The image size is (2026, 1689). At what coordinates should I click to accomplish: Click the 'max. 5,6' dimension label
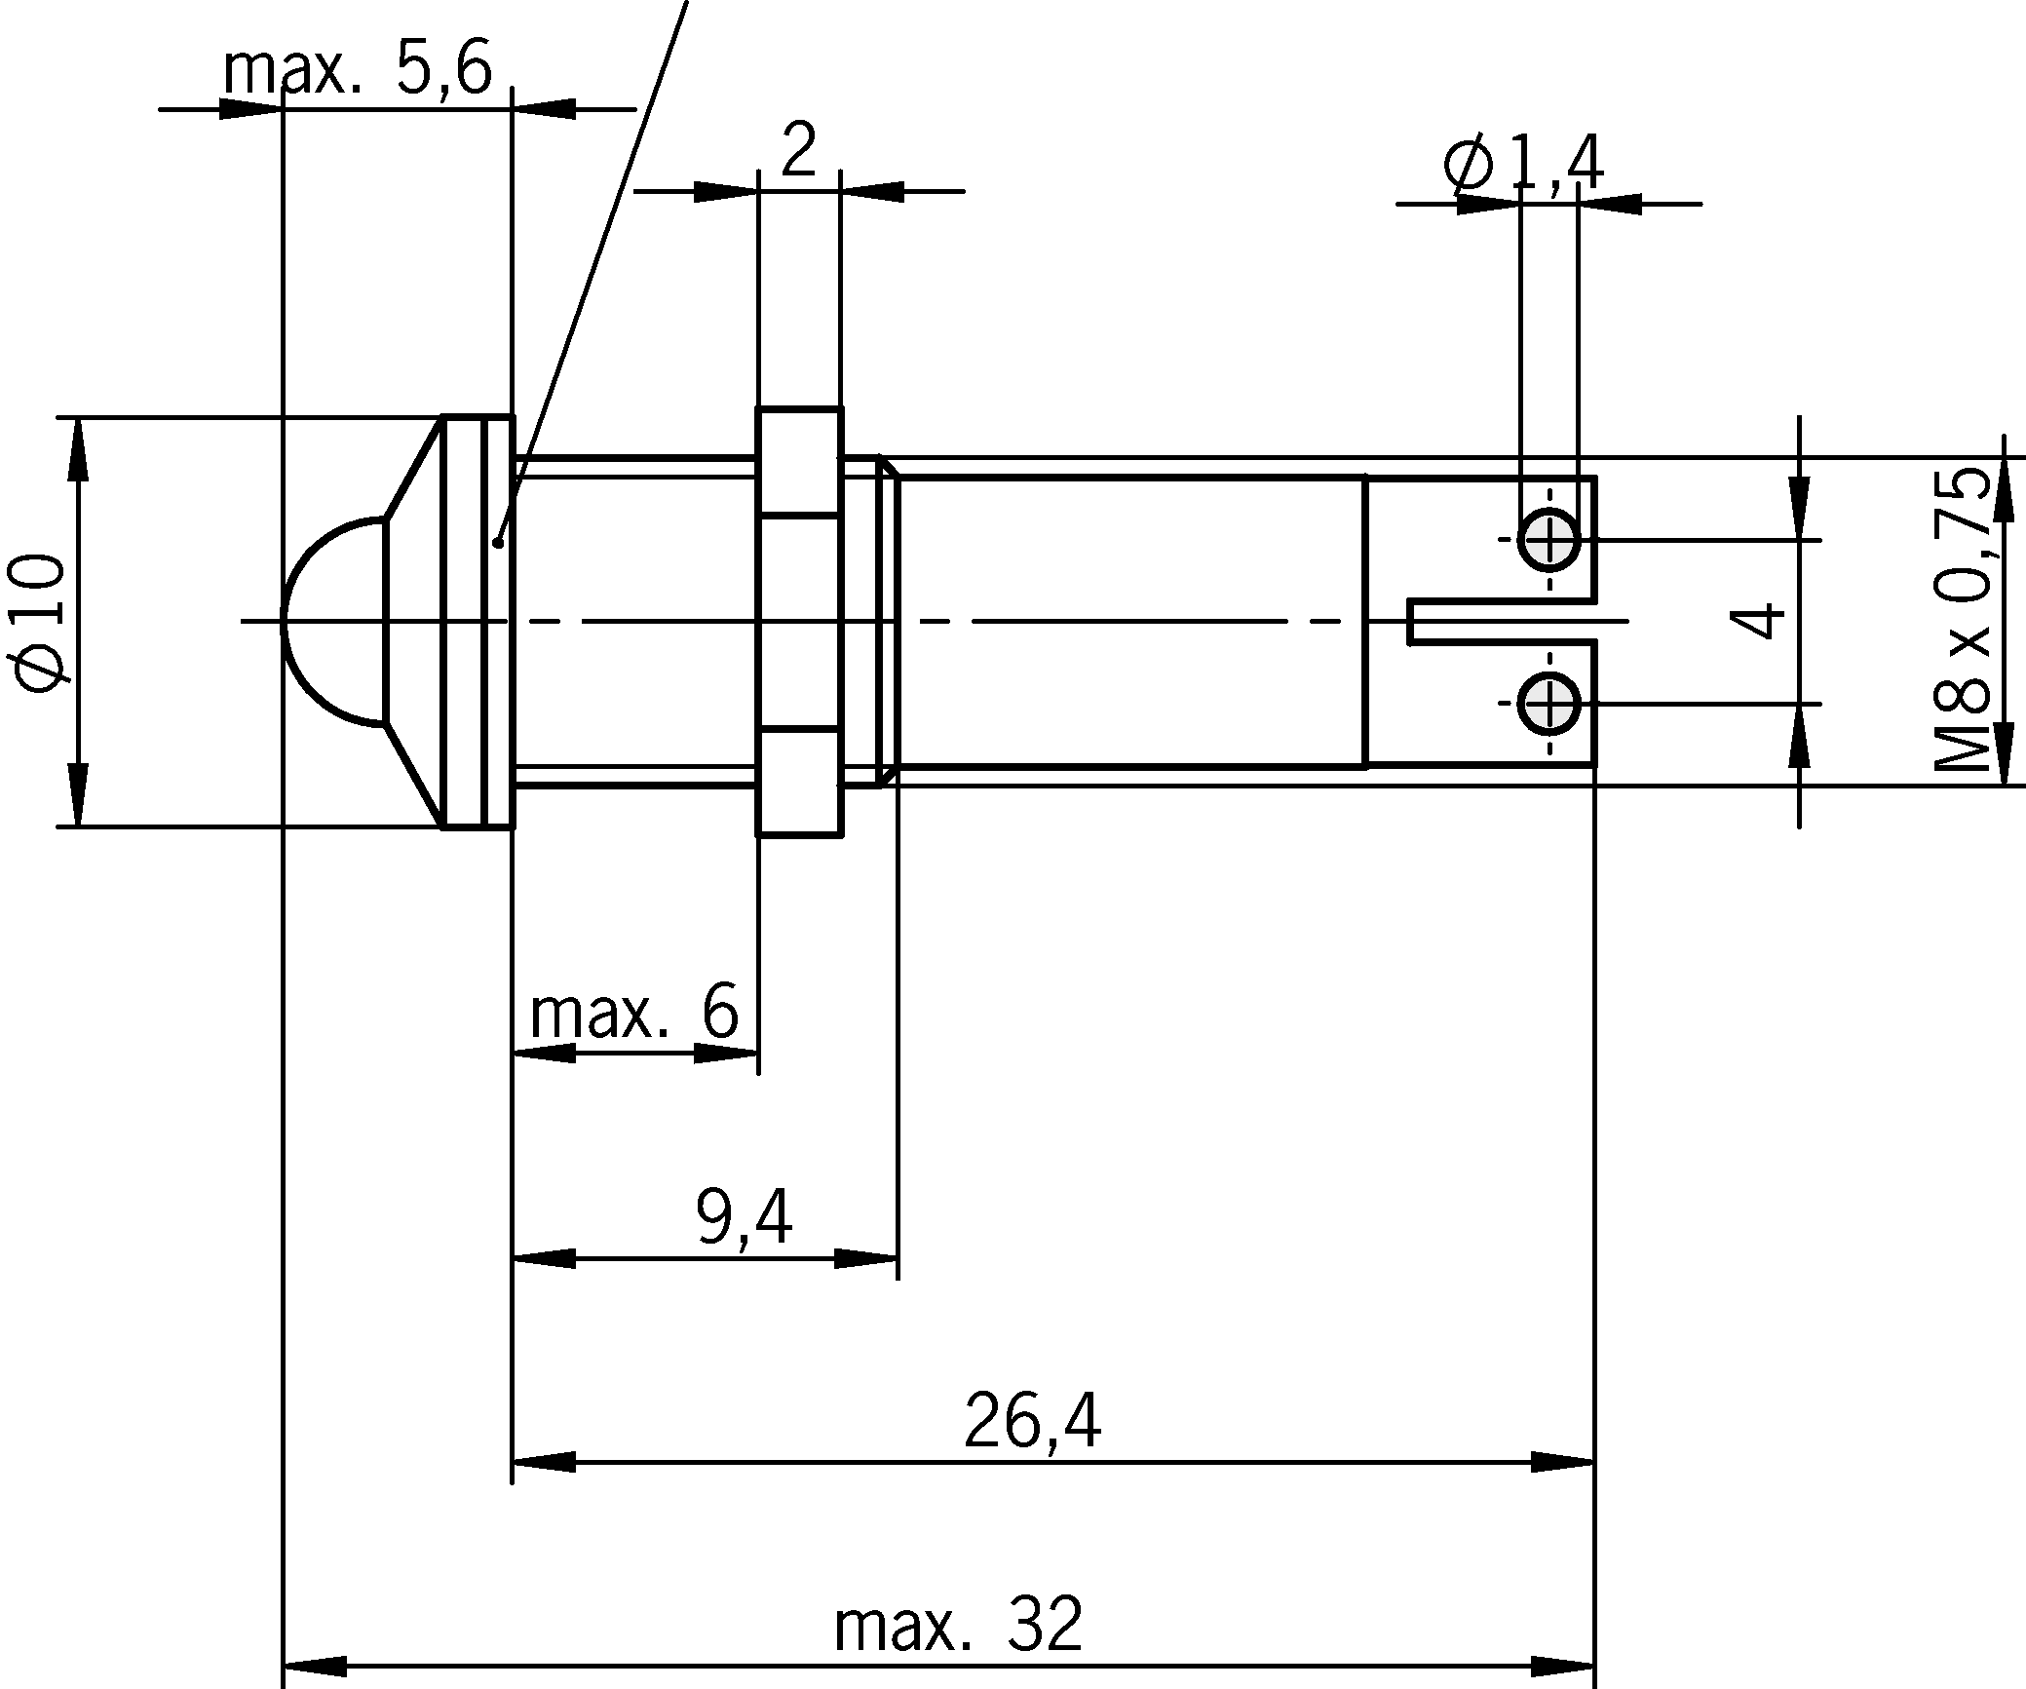coord(358,70)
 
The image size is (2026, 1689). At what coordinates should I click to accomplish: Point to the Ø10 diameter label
coord(41,624)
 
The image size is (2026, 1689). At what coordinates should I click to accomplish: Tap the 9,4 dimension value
coord(745,1217)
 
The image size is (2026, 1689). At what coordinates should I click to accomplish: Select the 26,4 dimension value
coord(1032,1421)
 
